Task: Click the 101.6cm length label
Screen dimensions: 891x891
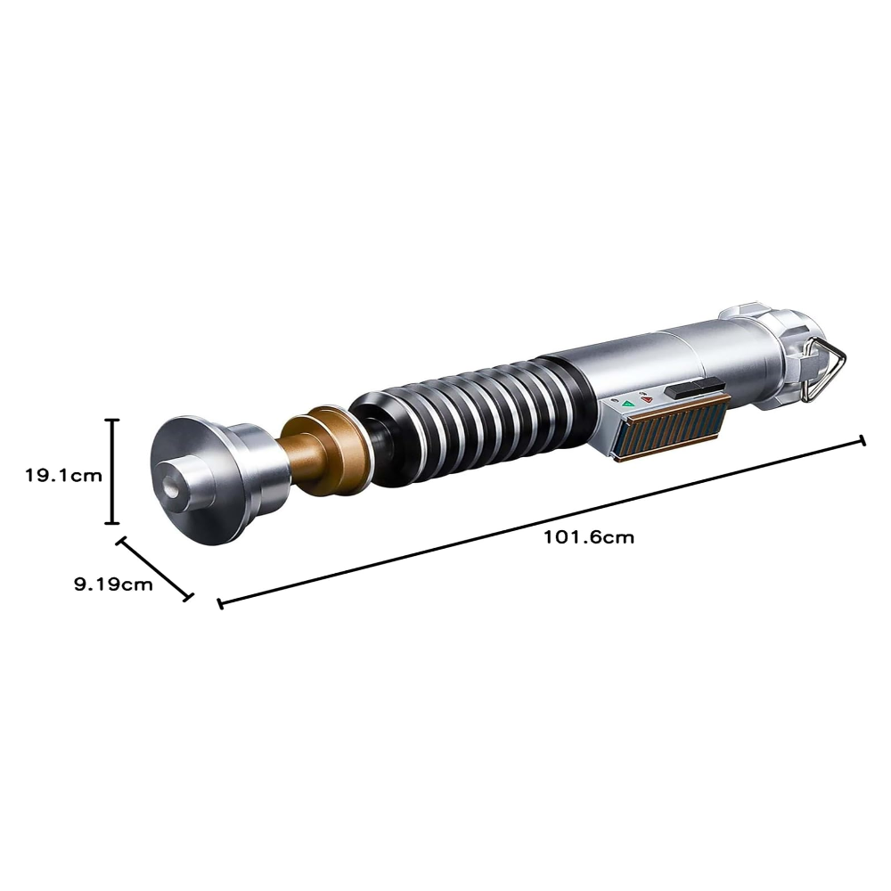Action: click(x=588, y=537)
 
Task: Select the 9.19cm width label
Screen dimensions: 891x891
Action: click(x=112, y=584)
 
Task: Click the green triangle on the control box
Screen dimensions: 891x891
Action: click(x=628, y=404)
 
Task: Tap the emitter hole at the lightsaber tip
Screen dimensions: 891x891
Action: click(x=170, y=489)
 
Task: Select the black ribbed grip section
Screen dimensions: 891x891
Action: click(x=463, y=410)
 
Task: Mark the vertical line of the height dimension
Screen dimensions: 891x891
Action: click(x=112, y=471)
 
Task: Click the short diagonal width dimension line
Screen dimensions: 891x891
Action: click(x=154, y=568)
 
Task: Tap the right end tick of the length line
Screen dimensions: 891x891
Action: click(x=862, y=440)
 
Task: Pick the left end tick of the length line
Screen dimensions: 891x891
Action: click(x=219, y=603)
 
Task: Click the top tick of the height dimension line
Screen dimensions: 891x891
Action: click(x=112, y=420)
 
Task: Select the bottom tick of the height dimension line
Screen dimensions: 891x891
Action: click(x=112, y=523)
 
